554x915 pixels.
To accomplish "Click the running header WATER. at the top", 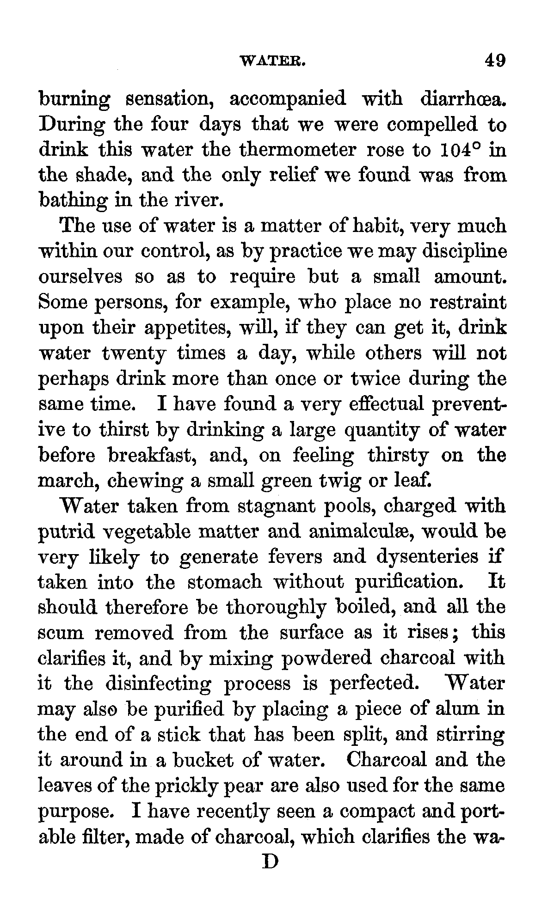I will pos(272,61).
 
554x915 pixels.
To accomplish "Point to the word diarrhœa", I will pos(463,99).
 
